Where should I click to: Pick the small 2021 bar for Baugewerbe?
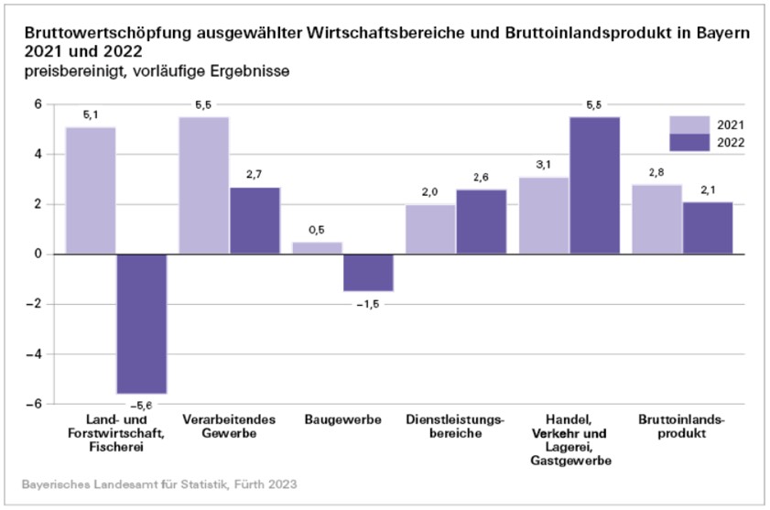coord(317,247)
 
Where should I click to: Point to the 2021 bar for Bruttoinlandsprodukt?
coord(656,219)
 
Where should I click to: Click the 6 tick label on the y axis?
coord(39,104)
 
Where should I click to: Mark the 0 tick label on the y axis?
coord(39,255)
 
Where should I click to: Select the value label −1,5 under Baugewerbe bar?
coord(367,304)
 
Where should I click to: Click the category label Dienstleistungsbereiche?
coord(455,426)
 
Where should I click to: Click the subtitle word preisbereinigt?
coord(68,71)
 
